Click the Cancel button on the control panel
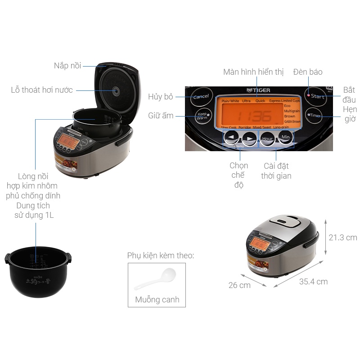pyautogui.click(x=201, y=97)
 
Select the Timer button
pyautogui.click(x=315, y=116)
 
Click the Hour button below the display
pyautogui.click(x=267, y=139)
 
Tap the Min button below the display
pyautogui.click(x=286, y=137)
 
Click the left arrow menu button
pyautogui.click(x=231, y=138)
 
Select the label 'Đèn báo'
pyautogui.click(x=308, y=72)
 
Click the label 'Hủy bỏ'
pyautogui.click(x=161, y=96)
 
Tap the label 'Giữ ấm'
pyautogui.click(x=161, y=116)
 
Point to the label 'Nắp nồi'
pyautogui.click(x=67, y=66)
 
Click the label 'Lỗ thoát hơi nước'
pyautogui.click(x=42, y=90)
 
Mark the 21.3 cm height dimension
pyautogui.click(x=343, y=237)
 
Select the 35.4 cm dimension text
pyautogui.click(x=313, y=282)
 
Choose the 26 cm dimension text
pyautogui.click(x=239, y=285)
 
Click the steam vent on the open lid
pyautogui.click(x=116, y=91)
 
